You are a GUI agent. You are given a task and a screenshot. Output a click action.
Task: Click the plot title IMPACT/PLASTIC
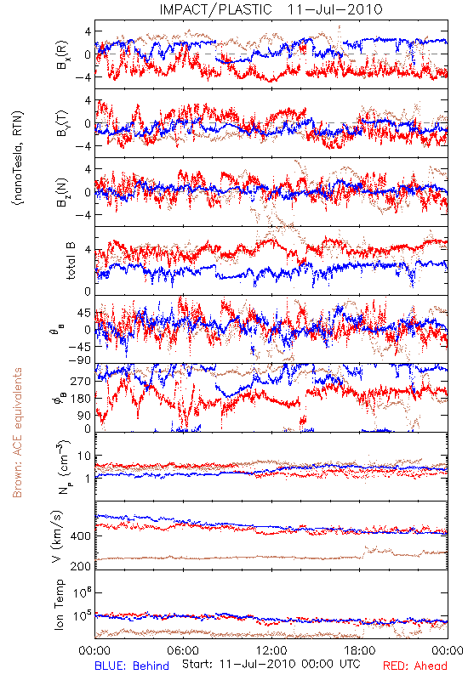215,9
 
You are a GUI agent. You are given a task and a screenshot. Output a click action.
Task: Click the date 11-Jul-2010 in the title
335,9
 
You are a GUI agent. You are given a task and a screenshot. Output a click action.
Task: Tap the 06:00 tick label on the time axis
183,650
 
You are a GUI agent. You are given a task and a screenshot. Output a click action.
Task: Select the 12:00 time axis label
271,650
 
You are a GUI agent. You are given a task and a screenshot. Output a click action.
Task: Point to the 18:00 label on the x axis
360,650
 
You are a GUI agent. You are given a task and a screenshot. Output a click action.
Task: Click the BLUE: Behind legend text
132,666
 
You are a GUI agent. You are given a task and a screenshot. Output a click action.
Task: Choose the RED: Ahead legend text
414,666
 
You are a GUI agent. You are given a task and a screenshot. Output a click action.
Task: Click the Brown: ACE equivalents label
17,433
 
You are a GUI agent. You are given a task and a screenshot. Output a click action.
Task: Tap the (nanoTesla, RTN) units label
18,158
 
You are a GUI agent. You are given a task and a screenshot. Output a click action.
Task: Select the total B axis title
71,261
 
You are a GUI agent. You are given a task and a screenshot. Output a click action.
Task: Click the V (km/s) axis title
57,536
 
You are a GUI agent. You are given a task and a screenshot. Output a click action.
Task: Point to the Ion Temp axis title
59,604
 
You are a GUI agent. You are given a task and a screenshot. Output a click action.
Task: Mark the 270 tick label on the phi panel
82,381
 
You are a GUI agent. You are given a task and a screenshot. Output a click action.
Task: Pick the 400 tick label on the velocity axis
81,536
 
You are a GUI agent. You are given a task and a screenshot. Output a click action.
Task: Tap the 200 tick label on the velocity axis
81,566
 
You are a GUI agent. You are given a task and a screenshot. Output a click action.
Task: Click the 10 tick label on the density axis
84,456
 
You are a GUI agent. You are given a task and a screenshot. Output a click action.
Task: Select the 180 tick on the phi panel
82,399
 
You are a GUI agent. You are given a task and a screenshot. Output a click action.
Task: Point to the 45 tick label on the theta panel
84,313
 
